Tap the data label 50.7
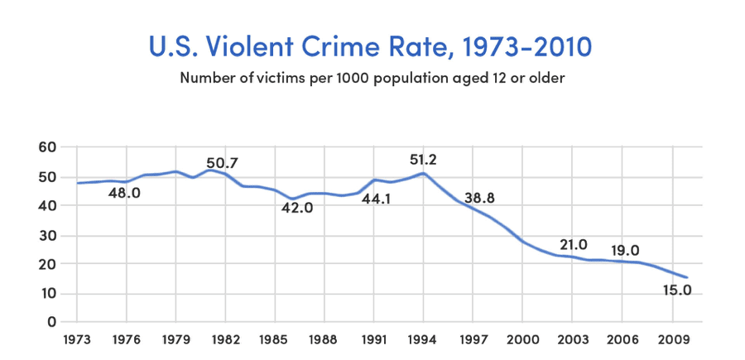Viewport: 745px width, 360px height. (222, 163)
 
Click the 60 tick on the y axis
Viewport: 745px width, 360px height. (47, 147)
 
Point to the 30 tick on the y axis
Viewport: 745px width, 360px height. (47, 235)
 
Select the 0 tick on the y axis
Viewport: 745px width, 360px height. (51, 322)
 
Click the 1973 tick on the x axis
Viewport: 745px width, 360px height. (77, 338)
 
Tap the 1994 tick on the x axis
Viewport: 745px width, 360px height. (424, 338)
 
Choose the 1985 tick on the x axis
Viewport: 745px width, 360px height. (275, 338)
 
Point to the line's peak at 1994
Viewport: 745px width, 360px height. (424, 173)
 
